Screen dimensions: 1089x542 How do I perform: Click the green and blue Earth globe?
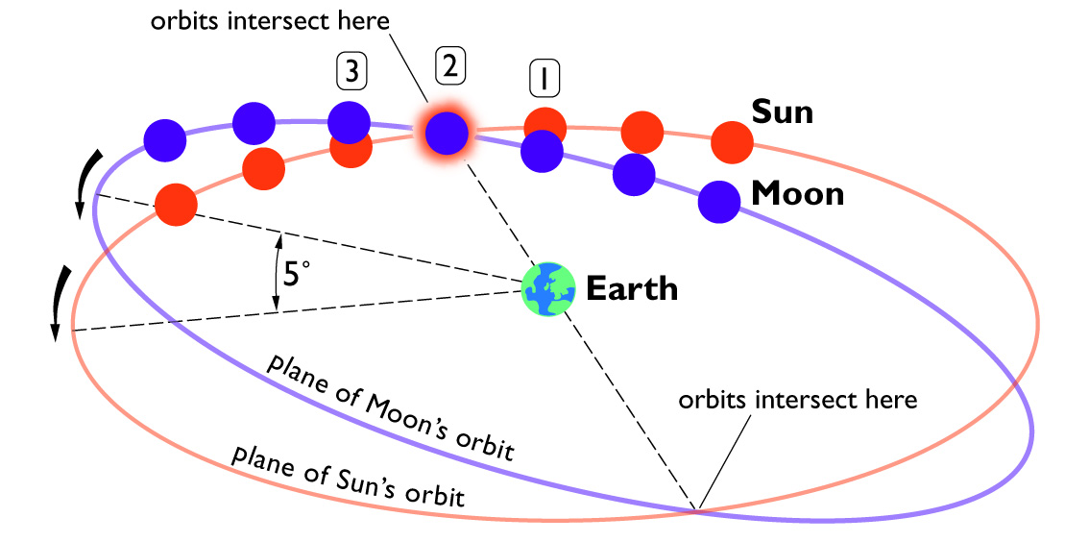[x=548, y=289]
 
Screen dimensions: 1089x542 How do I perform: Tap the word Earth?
[x=632, y=288]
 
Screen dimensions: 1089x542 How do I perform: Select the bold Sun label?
[x=782, y=111]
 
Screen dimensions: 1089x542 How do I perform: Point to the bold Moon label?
[x=797, y=194]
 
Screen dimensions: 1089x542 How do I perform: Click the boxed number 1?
[x=544, y=78]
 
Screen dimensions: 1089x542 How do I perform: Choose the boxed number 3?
[x=351, y=72]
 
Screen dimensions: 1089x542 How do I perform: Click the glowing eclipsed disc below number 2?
[x=446, y=134]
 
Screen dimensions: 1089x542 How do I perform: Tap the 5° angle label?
[x=292, y=273]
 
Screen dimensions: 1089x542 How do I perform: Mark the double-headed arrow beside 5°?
[x=278, y=272]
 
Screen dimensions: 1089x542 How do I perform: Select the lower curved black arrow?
[x=61, y=303]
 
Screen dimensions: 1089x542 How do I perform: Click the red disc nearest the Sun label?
[x=732, y=142]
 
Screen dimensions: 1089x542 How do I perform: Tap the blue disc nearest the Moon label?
[x=719, y=202]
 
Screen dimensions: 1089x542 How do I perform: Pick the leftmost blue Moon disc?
[x=164, y=139]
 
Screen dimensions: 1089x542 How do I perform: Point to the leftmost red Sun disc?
[x=176, y=205]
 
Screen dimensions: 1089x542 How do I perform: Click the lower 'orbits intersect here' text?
[x=798, y=401]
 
